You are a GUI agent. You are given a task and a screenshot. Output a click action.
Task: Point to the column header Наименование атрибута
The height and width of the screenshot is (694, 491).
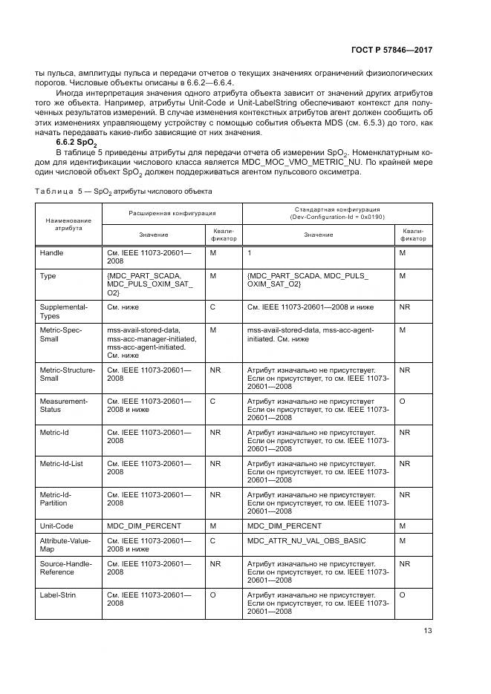68,224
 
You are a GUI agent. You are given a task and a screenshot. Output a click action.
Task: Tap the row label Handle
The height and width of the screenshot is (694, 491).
52,253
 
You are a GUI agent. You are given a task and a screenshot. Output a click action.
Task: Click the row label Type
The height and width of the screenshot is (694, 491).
48,275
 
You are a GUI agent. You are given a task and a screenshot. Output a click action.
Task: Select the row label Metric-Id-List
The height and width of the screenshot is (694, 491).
61,463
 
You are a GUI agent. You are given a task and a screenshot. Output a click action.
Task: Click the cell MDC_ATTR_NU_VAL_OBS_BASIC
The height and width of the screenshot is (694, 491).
306,540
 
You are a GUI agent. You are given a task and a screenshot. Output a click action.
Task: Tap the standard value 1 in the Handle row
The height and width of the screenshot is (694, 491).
250,253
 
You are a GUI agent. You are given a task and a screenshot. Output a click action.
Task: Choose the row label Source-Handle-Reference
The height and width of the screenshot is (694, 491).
65,569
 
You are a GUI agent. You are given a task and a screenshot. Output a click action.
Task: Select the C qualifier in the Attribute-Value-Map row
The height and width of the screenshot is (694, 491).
212,540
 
